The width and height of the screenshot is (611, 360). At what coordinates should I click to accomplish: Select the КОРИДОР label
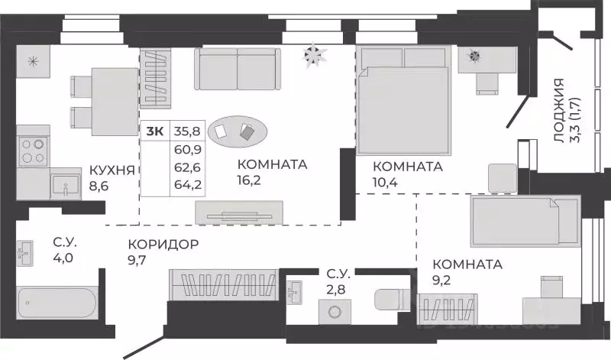point(164,245)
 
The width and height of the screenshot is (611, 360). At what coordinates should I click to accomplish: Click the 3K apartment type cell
point(154,131)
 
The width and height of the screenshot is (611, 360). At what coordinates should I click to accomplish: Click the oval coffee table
point(238,131)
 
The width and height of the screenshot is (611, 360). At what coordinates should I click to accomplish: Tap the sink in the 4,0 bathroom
point(25,253)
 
